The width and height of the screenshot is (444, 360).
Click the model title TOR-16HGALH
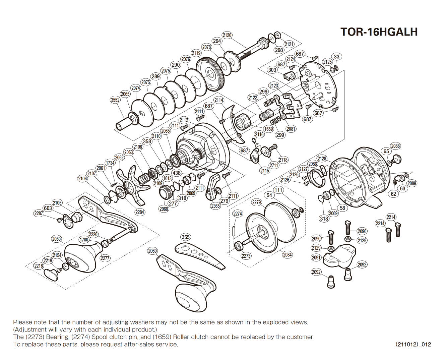(379, 32)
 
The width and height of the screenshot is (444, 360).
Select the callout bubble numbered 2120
(227, 35)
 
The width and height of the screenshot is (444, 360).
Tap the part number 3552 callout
(115, 100)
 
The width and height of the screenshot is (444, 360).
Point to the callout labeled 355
(185, 237)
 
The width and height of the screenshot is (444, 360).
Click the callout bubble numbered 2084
(287, 255)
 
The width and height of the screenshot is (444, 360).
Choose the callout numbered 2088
(395, 146)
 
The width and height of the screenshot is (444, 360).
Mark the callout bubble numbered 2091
(316, 257)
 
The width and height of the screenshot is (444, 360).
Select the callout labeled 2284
(140, 212)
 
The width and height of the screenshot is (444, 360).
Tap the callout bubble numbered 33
(336, 57)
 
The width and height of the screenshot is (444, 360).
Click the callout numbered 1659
(268, 129)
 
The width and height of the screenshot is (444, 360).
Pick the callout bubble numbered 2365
(215, 206)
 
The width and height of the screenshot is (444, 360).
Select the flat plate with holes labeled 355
(199, 255)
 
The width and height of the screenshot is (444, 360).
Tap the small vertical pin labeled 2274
(234, 231)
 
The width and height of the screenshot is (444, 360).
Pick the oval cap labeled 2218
(51, 274)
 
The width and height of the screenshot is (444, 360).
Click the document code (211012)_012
(413, 344)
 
